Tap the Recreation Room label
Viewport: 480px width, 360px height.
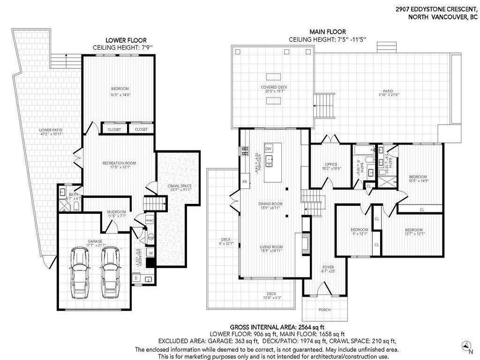pos(119,163)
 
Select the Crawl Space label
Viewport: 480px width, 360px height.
pos(180,186)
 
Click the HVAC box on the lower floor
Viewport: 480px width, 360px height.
pos(150,220)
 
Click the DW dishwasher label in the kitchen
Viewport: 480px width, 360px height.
pos(268,149)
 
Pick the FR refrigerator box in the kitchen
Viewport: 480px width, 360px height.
pos(245,181)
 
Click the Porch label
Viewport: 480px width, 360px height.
pos(324,309)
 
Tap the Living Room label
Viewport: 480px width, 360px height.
pos(271,247)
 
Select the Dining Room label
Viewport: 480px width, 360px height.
pos(270,204)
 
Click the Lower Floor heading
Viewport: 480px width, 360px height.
pos(120,41)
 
